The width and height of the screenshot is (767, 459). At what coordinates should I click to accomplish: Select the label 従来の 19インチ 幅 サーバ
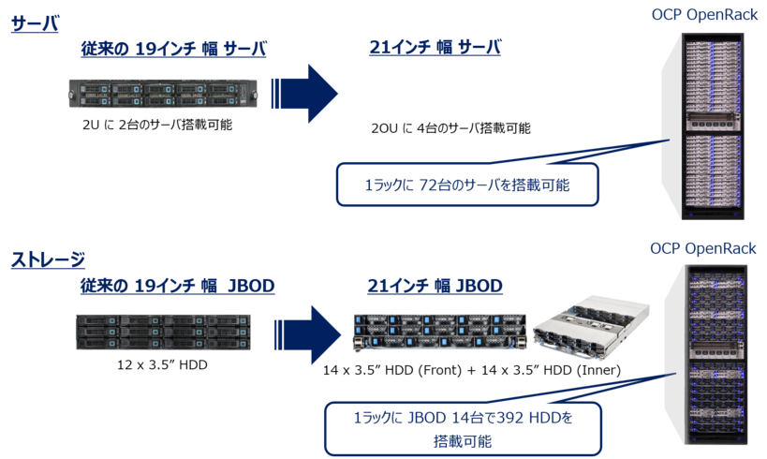(173, 48)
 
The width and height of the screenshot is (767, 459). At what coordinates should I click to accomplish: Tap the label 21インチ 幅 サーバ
(435, 48)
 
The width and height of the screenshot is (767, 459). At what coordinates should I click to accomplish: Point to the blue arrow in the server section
(303, 94)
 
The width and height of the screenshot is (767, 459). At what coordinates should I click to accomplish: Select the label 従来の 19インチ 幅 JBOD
(176, 284)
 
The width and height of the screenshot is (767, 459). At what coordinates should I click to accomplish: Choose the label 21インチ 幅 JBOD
(435, 284)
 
